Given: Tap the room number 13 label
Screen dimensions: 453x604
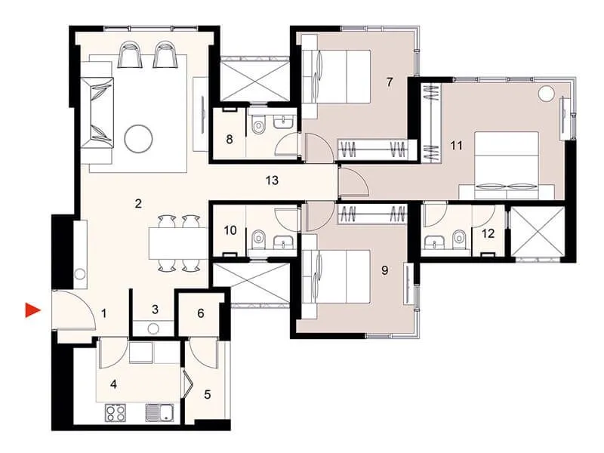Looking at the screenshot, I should (272, 180).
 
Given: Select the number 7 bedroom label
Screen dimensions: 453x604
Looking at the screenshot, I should (390, 82).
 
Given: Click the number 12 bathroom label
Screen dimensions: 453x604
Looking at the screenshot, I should (488, 233).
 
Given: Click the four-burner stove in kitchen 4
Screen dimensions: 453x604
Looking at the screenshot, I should (115, 412).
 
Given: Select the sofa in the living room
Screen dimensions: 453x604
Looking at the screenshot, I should (98, 112).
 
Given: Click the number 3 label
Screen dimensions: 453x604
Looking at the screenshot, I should (154, 309).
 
